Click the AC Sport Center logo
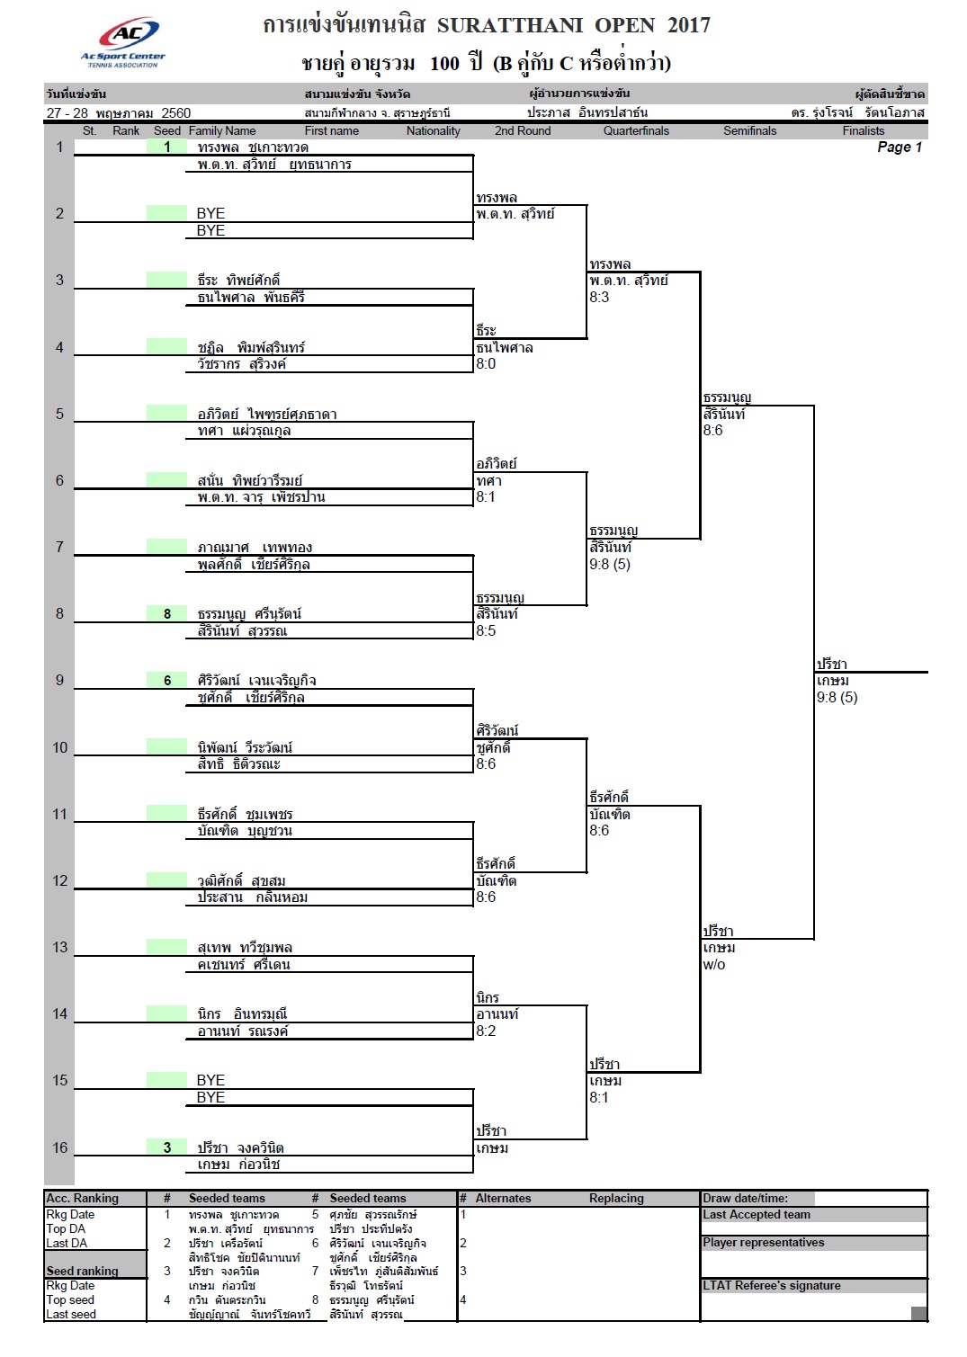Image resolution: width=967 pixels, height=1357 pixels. (123, 41)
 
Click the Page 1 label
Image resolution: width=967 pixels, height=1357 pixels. (900, 147)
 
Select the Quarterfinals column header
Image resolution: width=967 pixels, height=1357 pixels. (636, 131)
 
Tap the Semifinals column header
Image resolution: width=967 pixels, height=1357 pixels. (749, 131)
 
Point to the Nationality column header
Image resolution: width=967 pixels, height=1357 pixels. (434, 131)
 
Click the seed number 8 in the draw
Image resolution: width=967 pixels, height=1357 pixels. (167, 613)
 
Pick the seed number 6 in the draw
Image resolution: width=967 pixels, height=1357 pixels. (167, 681)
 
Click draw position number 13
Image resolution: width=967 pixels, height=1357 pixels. (59, 947)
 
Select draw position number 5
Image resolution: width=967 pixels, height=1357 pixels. (59, 414)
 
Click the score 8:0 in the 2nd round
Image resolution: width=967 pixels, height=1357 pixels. (486, 363)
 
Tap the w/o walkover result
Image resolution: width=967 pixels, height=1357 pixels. (713, 964)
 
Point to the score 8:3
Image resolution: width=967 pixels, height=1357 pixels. (599, 297)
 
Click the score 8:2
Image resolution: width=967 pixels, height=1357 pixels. (486, 1031)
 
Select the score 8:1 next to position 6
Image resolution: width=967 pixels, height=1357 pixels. (486, 496)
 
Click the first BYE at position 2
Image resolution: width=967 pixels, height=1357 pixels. (210, 213)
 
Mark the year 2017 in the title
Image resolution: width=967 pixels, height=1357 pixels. (688, 25)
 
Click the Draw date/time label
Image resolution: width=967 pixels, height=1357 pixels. (745, 1199)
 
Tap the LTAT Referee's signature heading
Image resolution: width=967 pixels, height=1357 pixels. (771, 1286)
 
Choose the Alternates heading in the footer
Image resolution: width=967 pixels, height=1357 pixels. (503, 1199)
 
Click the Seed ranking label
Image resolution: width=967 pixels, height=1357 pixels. (83, 1271)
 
